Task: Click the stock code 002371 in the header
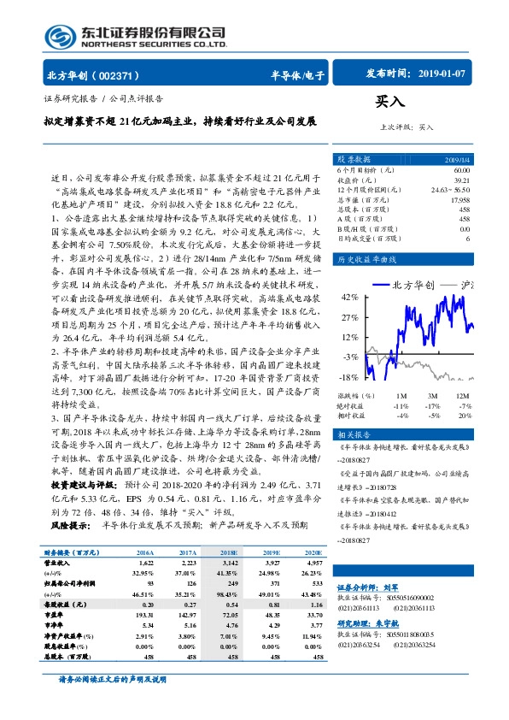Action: [x=120, y=75]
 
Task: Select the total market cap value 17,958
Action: [x=459, y=200]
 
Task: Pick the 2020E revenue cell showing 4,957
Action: [x=313, y=565]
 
